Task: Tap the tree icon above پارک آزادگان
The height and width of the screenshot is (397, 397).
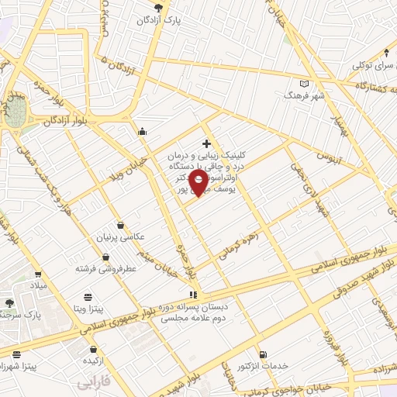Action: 159,7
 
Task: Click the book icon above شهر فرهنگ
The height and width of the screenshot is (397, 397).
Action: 303,84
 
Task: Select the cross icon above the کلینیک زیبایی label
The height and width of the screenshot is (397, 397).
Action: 206,143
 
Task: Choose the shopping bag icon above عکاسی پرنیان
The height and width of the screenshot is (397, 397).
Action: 119,225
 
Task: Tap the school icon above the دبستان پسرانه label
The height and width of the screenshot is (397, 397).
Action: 193,295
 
